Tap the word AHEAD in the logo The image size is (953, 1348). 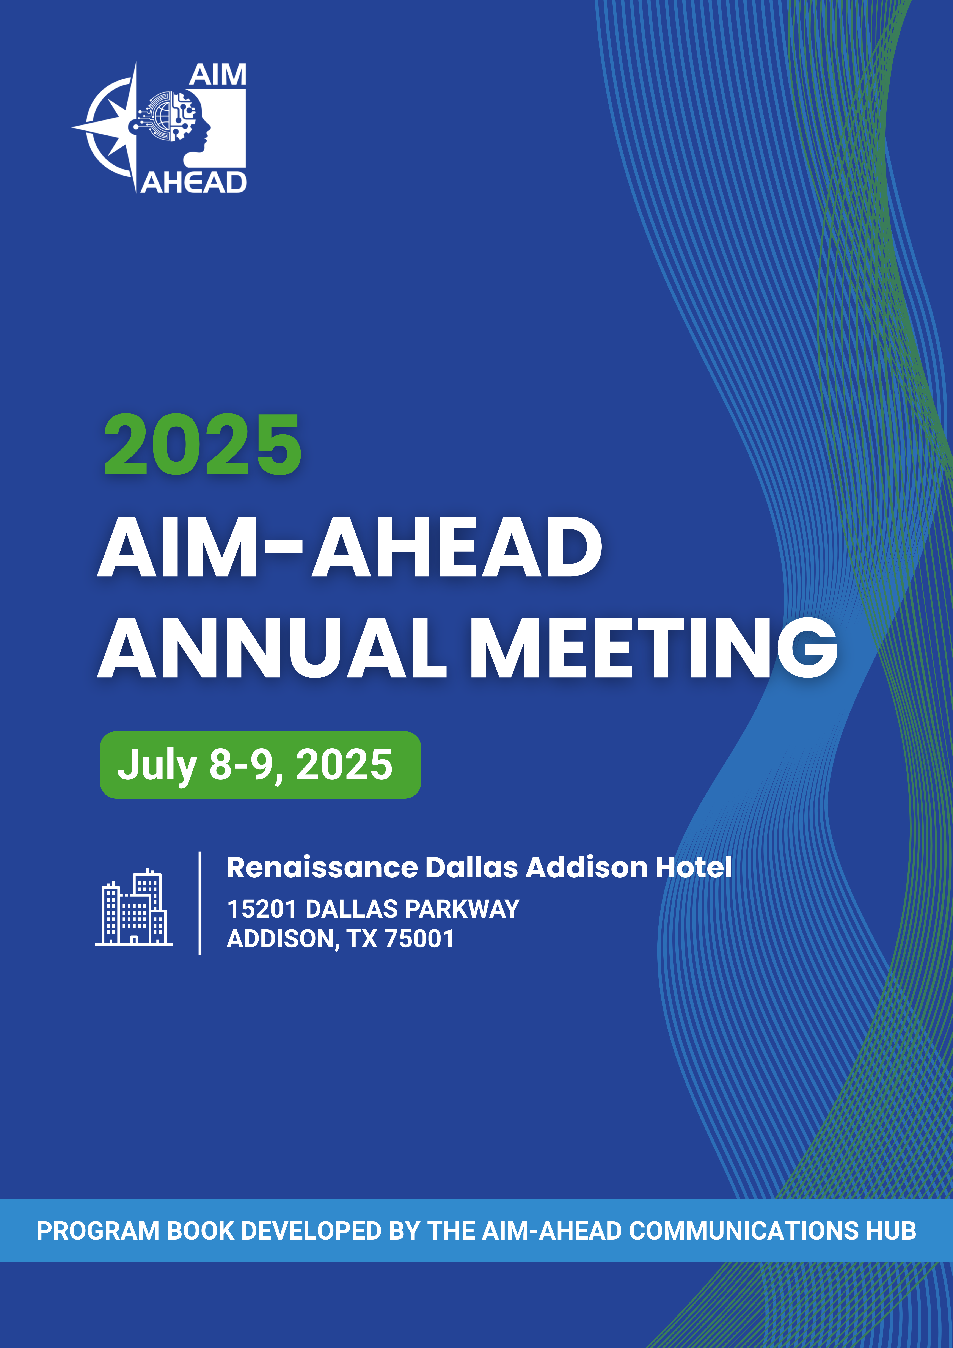tap(194, 183)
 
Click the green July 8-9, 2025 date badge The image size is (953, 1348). tap(260, 764)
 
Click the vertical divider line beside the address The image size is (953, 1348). tap(200, 903)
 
